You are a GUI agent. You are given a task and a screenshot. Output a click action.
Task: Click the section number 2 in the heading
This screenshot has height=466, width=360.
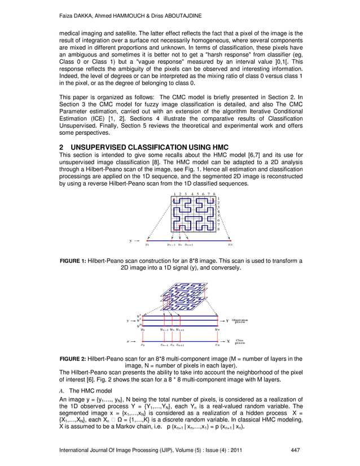[62, 147]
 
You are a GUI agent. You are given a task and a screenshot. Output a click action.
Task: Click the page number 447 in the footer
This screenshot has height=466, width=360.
[294, 449]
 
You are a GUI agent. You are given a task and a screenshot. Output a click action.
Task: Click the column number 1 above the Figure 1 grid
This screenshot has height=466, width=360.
[174, 194]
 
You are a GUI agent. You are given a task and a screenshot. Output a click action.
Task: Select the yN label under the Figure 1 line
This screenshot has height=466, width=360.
[230, 245]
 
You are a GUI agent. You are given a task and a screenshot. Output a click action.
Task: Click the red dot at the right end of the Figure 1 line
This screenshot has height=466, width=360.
[231, 240]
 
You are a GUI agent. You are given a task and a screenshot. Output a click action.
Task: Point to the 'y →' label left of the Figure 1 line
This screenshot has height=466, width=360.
[134, 240]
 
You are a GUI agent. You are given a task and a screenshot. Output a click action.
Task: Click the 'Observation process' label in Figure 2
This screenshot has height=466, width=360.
[242, 320]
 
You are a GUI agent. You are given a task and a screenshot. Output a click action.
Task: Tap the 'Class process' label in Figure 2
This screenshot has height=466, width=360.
[239, 341]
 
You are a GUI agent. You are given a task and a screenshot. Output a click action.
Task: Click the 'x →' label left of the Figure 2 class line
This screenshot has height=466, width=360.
[129, 341]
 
